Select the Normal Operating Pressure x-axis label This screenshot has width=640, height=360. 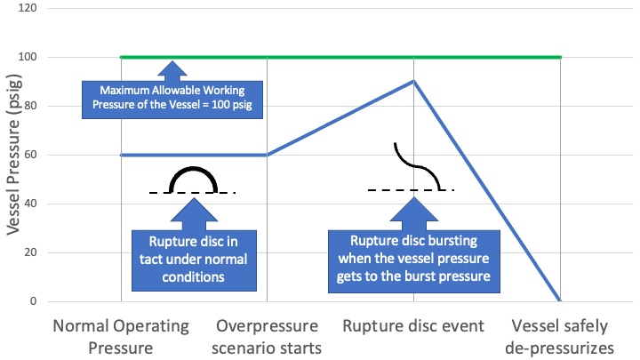tap(121, 335)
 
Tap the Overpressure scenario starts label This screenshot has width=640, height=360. tap(268, 335)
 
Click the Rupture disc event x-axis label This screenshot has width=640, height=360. tap(413, 325)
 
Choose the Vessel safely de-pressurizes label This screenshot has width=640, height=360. tap(560, 335)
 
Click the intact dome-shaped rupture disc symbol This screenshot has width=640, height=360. tap(193, 181)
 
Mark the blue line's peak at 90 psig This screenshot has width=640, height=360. tap(414, 81)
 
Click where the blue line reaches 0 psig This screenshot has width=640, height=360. tap(560, 301)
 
